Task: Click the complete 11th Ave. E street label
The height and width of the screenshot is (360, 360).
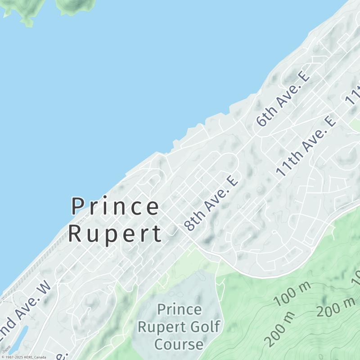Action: coord(306,146)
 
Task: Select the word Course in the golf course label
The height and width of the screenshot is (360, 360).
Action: coord(179,344)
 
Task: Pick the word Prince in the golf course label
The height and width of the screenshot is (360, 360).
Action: coord(179,310)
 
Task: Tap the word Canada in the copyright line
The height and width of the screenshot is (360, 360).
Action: coord(40,357)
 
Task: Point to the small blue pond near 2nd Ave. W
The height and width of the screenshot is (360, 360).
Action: coord(20,337)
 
